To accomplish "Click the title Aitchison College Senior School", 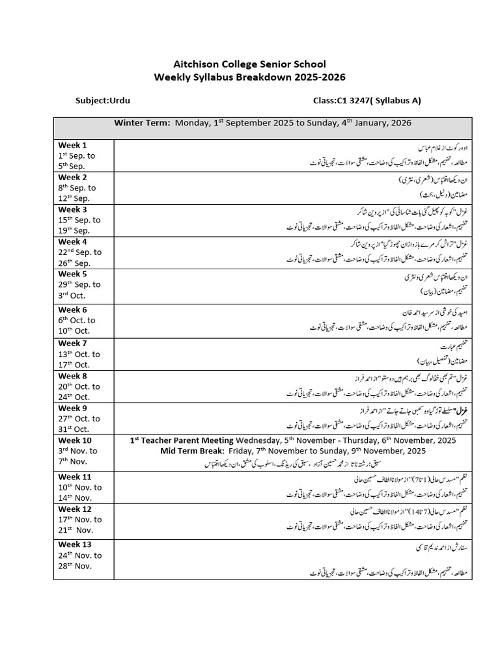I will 249,64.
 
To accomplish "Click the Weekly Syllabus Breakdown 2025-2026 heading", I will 249,77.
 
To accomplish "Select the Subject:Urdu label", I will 103,101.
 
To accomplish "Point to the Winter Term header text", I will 142,122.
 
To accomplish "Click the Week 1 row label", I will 73,145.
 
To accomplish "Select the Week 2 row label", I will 73,177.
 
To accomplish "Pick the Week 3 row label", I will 73,209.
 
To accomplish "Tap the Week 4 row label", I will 73,241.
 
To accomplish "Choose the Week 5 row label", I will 73,274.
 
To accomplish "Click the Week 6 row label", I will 73,310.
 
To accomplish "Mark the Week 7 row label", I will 73,343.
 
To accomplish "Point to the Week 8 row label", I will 73,375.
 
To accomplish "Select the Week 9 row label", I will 73,408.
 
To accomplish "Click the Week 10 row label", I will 76,440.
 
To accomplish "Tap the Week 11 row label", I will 76,477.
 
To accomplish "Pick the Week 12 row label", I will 76,509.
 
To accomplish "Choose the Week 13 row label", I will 76,544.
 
